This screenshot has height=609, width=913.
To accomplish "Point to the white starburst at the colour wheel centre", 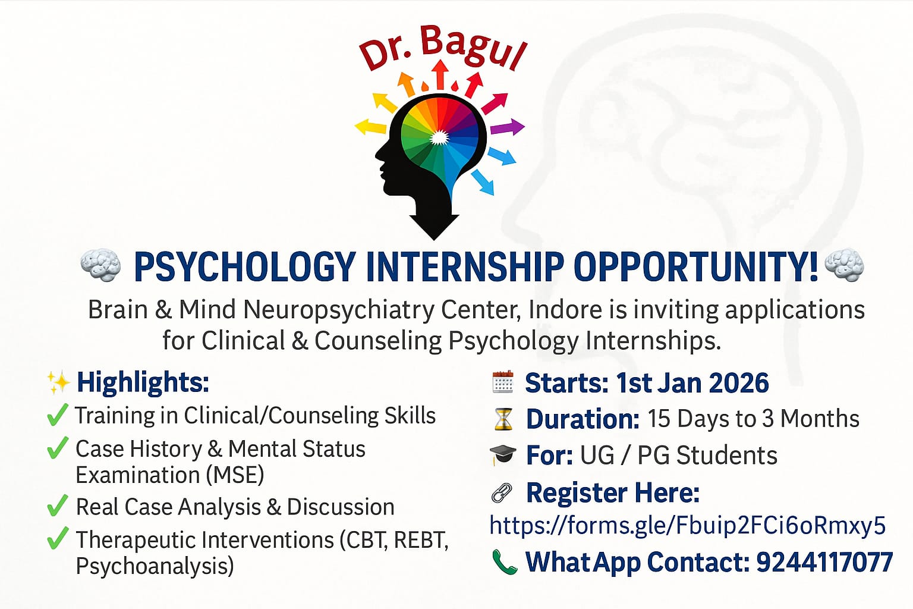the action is point(439,137).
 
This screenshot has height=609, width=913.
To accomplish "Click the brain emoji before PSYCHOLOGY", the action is point(100,265).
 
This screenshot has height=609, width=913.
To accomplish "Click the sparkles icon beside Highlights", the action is point(58,382).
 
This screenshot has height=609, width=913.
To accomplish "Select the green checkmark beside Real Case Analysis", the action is point(58,506).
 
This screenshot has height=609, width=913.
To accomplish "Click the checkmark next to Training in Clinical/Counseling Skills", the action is point(58,415).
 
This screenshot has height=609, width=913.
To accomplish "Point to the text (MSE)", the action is point(235,475).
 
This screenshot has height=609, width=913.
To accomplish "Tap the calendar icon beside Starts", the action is point(502,382).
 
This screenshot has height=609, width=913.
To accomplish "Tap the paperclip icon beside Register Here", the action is point(502,493).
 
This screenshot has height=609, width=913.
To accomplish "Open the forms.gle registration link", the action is point(688,525).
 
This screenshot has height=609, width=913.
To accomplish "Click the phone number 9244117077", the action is point(824,562).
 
